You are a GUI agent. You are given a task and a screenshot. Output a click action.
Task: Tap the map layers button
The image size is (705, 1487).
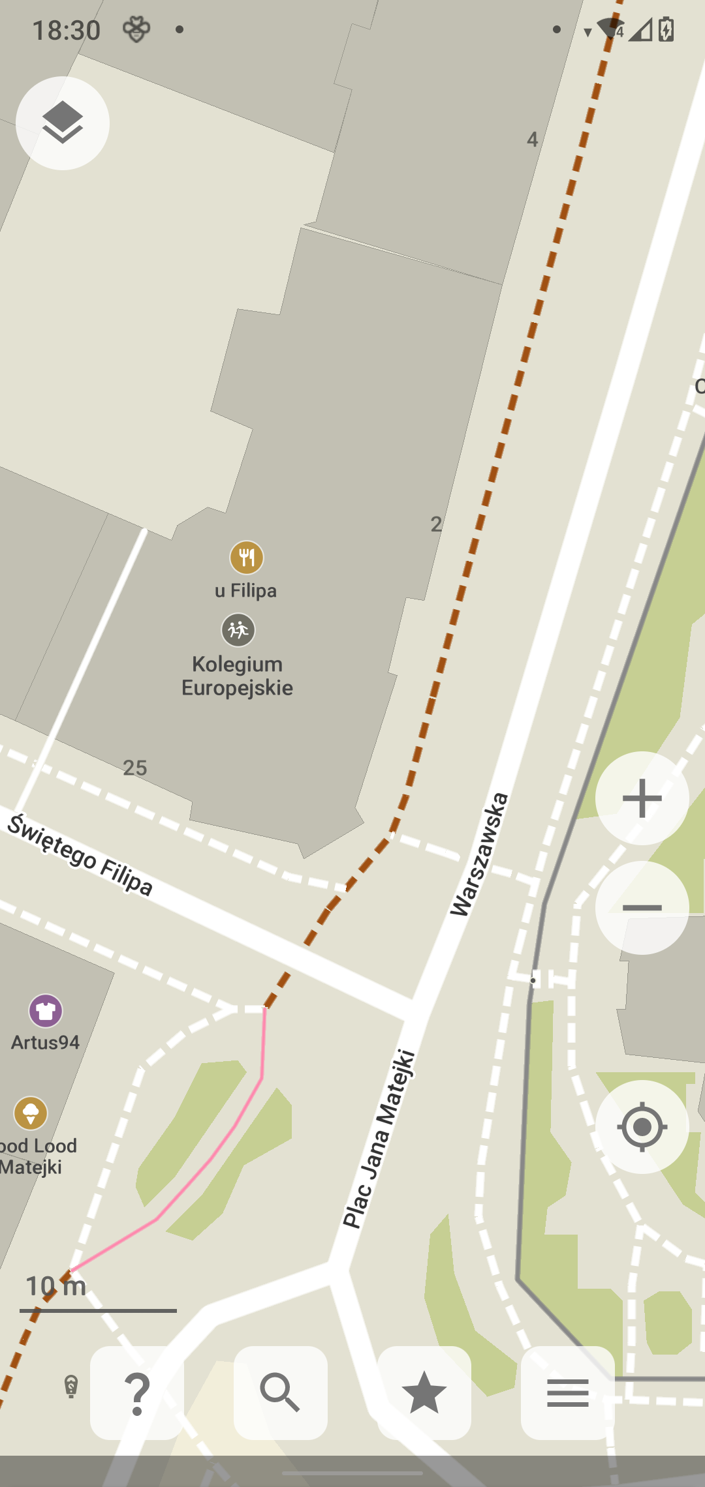(x=63, y=123)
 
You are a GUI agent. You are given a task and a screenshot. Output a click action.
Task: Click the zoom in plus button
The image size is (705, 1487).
(x=642, y=798)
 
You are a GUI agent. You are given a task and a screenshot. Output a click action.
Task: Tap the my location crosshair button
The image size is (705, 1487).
(x=642, y=1126)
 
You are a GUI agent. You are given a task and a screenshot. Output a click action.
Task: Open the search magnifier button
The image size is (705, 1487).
(x=281, y=1392)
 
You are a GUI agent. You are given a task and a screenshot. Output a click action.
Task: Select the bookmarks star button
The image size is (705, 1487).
(x=424, y=1392)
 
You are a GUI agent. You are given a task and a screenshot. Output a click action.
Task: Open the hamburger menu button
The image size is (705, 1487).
(x=567, y=1392)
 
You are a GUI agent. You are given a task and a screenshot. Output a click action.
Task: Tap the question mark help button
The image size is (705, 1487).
(x=137, y=1392)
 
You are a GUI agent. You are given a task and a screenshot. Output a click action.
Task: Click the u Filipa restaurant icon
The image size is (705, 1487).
(x=247, y=558)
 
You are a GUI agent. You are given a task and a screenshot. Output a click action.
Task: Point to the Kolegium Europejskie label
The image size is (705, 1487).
(x=237, y=676)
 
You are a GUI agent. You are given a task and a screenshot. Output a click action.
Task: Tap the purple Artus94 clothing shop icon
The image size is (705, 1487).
(x=46, y=1011)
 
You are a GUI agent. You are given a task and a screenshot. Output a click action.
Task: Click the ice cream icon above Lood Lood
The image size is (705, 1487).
(x=31, y=1113)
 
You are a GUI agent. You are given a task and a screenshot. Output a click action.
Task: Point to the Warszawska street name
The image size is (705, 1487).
(x=479, y=854)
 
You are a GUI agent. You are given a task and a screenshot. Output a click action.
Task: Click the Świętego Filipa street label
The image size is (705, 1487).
(x=80, y=854)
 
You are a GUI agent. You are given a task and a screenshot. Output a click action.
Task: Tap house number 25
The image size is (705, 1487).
(x=135, y=768)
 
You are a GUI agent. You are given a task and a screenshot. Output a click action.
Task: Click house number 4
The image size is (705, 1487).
(x=533, y=140)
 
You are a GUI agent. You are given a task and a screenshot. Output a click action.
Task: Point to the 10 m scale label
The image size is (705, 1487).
(x=55, y=1286)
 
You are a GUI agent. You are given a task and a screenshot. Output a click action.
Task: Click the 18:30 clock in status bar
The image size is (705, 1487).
(x=66, y=30)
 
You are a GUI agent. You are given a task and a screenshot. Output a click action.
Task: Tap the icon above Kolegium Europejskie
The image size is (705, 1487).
(x=238, y=630)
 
